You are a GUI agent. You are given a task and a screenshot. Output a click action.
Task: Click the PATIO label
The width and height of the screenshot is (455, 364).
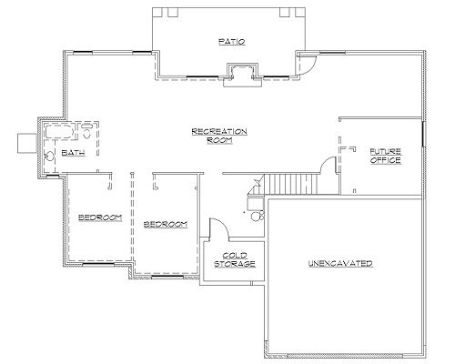coord(232,42)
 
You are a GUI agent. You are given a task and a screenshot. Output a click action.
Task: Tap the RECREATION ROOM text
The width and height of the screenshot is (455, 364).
coord(219,136)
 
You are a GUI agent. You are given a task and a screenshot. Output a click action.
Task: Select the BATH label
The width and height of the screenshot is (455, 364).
coord(74,153)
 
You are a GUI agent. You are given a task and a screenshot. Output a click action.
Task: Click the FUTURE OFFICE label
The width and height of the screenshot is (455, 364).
coord(386,156)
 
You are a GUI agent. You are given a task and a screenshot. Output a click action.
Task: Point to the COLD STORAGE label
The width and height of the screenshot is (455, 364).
coord(235,260)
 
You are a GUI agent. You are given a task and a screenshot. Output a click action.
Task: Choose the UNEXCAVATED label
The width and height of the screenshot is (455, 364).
coord(340,263)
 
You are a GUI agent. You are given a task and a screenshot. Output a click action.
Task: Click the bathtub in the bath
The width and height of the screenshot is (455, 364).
coord(59,132)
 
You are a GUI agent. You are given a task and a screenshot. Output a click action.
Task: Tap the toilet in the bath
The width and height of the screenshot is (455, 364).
coord(86,131)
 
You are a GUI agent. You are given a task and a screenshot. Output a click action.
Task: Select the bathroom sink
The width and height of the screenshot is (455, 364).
coord(49,157)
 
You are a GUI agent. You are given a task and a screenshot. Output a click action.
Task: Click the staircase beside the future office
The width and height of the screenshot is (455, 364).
coord(291,184)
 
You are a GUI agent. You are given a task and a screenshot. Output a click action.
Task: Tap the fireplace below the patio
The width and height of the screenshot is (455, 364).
coord(242,75)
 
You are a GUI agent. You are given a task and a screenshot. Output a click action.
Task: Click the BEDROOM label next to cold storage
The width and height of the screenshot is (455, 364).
coord(166,224)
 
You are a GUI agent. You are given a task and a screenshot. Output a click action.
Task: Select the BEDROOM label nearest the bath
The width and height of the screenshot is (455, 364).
coord(100,217)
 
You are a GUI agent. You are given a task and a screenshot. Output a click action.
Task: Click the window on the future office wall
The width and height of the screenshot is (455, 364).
coord(423,135)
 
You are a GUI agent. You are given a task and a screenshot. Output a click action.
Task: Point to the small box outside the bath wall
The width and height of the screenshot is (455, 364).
coord(26,143)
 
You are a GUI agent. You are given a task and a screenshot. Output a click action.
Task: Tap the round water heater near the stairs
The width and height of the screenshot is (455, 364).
coord(257,216)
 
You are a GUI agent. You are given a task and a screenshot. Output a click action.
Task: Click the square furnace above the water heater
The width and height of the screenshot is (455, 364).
coord(254,203)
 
